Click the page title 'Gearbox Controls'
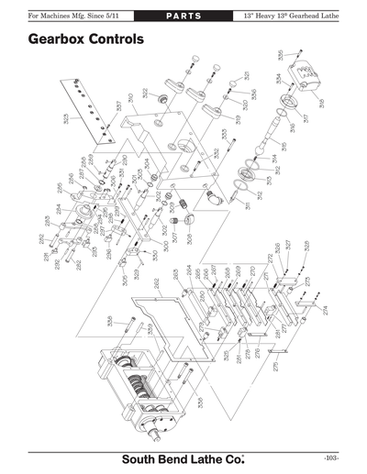point(85,40)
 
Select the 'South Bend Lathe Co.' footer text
point(183,457)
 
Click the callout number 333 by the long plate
point(66,118)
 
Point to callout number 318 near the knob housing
point(320,105)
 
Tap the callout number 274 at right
point(324,310)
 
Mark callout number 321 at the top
point(247,75)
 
